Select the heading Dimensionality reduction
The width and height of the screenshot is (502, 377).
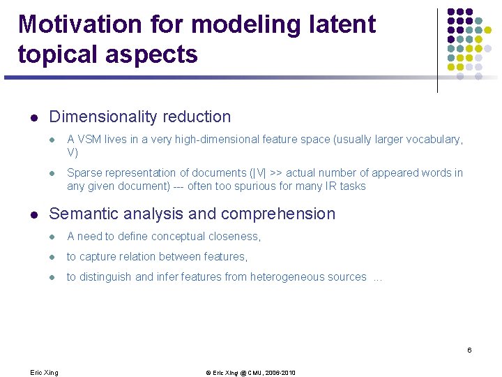[139, 117]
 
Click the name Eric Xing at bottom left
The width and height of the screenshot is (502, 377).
[44, 373]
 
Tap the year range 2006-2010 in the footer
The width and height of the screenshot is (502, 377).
[278, 373]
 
